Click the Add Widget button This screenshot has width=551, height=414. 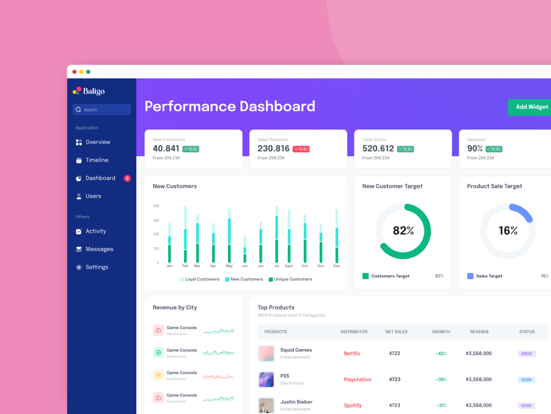coord(530,107)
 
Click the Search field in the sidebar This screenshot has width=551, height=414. coord(102,110)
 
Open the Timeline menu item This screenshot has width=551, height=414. coord(97,160)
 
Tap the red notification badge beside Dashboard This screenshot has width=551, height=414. coord(127,178)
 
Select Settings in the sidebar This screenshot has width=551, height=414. coord(97,267)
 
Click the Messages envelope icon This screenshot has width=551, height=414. coord(79,249)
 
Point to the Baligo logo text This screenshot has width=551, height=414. coord(94,91)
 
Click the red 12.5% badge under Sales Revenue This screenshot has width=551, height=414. coord(301,149)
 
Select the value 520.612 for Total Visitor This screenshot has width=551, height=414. coord(378,148)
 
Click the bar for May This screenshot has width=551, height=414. coord(229,238)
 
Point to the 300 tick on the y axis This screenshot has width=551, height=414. coord(156,220)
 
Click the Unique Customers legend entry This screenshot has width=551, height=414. coord(293,279)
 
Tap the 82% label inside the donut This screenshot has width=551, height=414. coord(403,230)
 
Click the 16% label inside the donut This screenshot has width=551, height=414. coord(508,230)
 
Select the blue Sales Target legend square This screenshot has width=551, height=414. coord(470,276)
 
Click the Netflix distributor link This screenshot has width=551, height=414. coord(352,353)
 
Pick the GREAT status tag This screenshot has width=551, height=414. coord(527,354)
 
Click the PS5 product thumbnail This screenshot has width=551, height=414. coord(266,379)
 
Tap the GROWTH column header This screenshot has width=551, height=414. coord(441,332)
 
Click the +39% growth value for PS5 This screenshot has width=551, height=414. coord(441,379)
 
